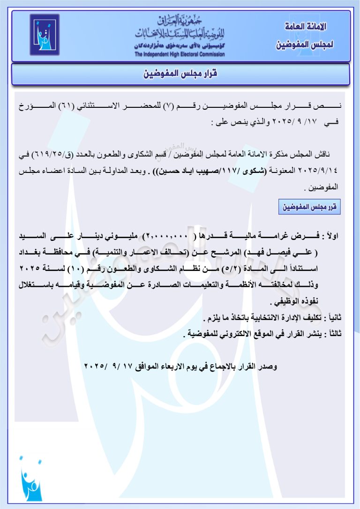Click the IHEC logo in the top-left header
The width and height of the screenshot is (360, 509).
(x=45, y=35)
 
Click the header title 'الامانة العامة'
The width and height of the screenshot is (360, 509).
(x=305, y=26)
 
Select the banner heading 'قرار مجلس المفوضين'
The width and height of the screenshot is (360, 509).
(x=180, y=75)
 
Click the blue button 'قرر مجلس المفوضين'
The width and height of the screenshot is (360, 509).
(x=309, y=207)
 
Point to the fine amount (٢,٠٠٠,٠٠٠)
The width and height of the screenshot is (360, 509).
(x=167, y=235)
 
